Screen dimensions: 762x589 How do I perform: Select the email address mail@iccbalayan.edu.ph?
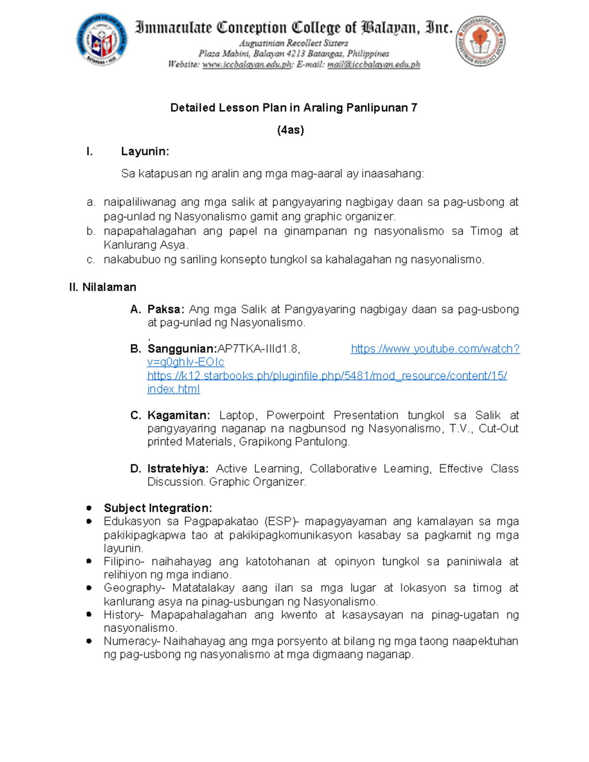(374, 64)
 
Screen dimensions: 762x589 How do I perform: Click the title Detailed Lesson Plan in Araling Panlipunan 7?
(294, 108)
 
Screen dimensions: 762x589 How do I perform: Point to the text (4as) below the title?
(291, 130)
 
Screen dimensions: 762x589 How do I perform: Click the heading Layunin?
(145, 152)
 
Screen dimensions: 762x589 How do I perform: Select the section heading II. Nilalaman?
(103, 287)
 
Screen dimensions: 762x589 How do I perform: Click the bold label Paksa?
(166, 309)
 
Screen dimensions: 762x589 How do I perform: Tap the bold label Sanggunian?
(182, 349)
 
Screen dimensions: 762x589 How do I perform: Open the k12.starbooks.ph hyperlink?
(327, 376)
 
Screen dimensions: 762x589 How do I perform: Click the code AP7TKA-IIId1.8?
(259, 349)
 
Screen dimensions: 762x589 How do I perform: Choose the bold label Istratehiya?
(178, 469)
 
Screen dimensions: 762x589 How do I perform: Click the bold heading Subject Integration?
(158, 508)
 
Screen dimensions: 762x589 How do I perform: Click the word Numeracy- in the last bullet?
(132, 641)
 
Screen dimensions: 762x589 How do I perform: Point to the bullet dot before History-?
(89, 614)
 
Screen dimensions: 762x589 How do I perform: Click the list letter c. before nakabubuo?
(90, 260)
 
